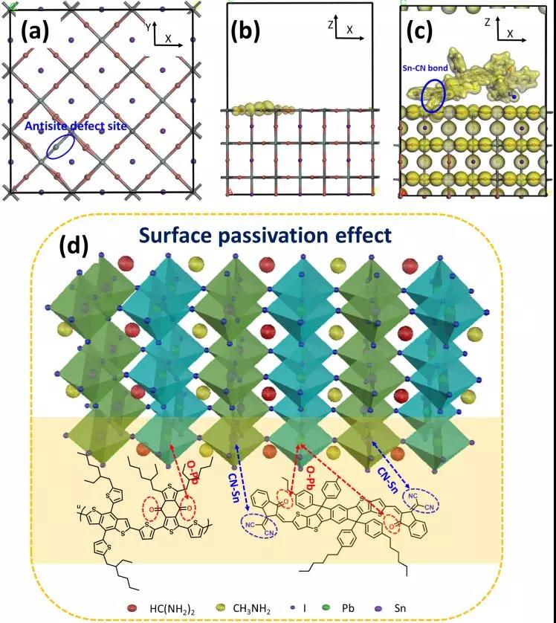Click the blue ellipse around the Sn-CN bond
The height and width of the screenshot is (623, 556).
(x=433, y=94)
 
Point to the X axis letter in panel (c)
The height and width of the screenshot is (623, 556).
(x=511, y=35)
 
